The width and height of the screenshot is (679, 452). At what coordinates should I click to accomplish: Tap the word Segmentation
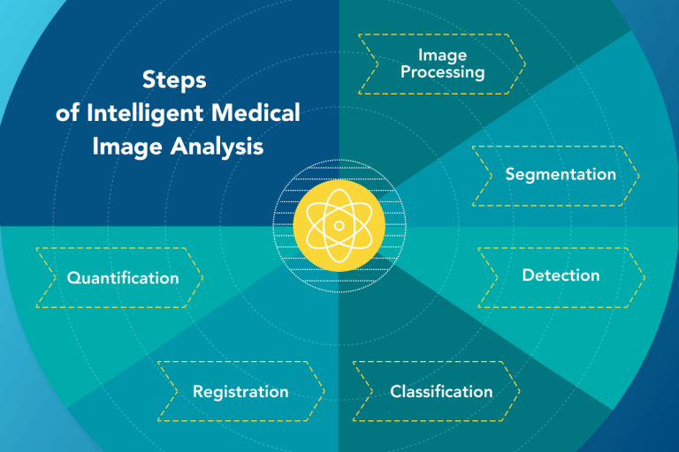coord(561,174)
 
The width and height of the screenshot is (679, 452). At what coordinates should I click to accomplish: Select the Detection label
coord(561,275)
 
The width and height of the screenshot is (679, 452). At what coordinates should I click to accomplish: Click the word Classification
coord(441,390)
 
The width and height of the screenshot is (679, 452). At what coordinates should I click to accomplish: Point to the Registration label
coord(240,390)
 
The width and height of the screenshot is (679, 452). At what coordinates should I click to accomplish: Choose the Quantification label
coord(123,278)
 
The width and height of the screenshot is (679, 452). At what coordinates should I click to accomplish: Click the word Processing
coord(442,72)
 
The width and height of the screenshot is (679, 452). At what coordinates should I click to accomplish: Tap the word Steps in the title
coord(174,79)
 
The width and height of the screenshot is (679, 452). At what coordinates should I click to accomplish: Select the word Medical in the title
coord(256,113)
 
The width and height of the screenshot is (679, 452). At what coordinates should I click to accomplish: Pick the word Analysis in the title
coord(217,147)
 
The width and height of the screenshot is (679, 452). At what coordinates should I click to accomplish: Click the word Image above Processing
coord(443,55)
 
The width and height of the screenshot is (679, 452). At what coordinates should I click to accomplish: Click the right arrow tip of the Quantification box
coord(202,278)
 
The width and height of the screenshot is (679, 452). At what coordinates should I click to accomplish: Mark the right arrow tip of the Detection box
coord(644,277)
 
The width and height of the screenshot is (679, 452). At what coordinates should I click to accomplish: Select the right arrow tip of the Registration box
coord(324,390)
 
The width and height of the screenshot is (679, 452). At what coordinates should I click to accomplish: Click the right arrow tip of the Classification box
coord(519,390)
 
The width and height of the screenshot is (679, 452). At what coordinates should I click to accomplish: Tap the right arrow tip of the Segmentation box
coord(640,175)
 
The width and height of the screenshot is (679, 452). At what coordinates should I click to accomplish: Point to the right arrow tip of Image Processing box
coord(524,64)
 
